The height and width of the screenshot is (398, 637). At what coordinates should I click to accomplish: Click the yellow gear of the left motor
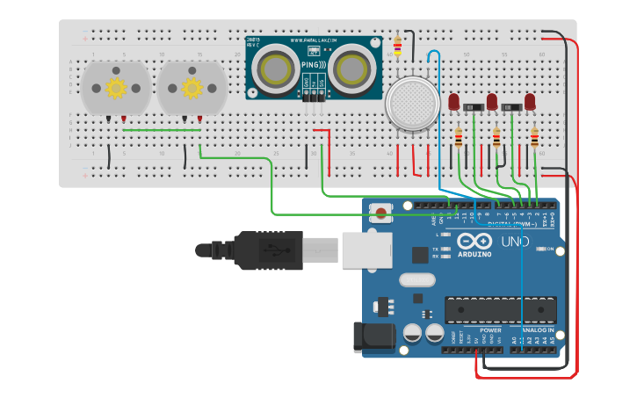tap(116, 88)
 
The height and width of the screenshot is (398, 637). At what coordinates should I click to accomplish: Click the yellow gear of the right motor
tap(192, 88)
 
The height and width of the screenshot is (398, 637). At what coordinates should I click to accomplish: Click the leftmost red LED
tap(453, 101)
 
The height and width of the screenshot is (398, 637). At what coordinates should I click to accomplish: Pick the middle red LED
tap(492, 101)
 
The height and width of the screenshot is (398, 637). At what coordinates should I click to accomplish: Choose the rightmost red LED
tap(530, 101)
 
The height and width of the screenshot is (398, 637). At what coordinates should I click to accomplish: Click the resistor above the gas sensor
tap(398, 44)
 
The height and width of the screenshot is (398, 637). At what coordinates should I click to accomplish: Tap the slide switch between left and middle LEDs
tap(473, 107)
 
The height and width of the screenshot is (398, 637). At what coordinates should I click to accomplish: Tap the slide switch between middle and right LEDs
tap(511, 107)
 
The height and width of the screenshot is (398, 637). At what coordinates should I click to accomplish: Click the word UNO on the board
tap(515, 242)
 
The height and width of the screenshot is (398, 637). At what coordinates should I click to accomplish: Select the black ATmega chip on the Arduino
tap(500, 309)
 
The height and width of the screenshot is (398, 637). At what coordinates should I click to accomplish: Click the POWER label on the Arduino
tap(489, 330)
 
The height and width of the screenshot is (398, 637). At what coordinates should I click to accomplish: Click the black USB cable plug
tap(264, 250)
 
